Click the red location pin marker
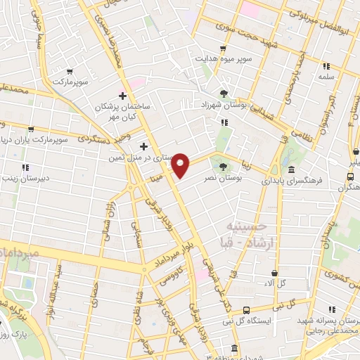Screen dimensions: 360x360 coord(181,165)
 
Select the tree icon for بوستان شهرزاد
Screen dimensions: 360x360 coord(224,94)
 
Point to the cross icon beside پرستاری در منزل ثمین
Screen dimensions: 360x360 coord(144,147)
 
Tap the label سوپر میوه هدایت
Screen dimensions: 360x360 coord(224,60)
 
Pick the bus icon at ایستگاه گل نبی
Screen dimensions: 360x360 coord(245,311)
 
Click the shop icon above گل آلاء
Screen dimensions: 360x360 coord(274,273)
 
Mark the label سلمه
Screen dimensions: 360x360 coord(325,76)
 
